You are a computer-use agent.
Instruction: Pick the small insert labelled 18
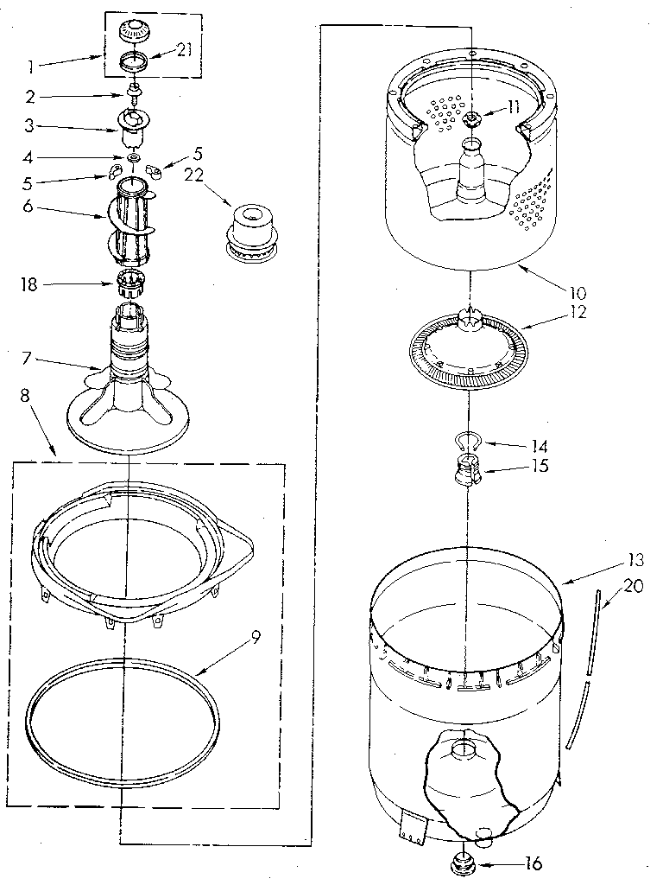coord(129,281)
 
